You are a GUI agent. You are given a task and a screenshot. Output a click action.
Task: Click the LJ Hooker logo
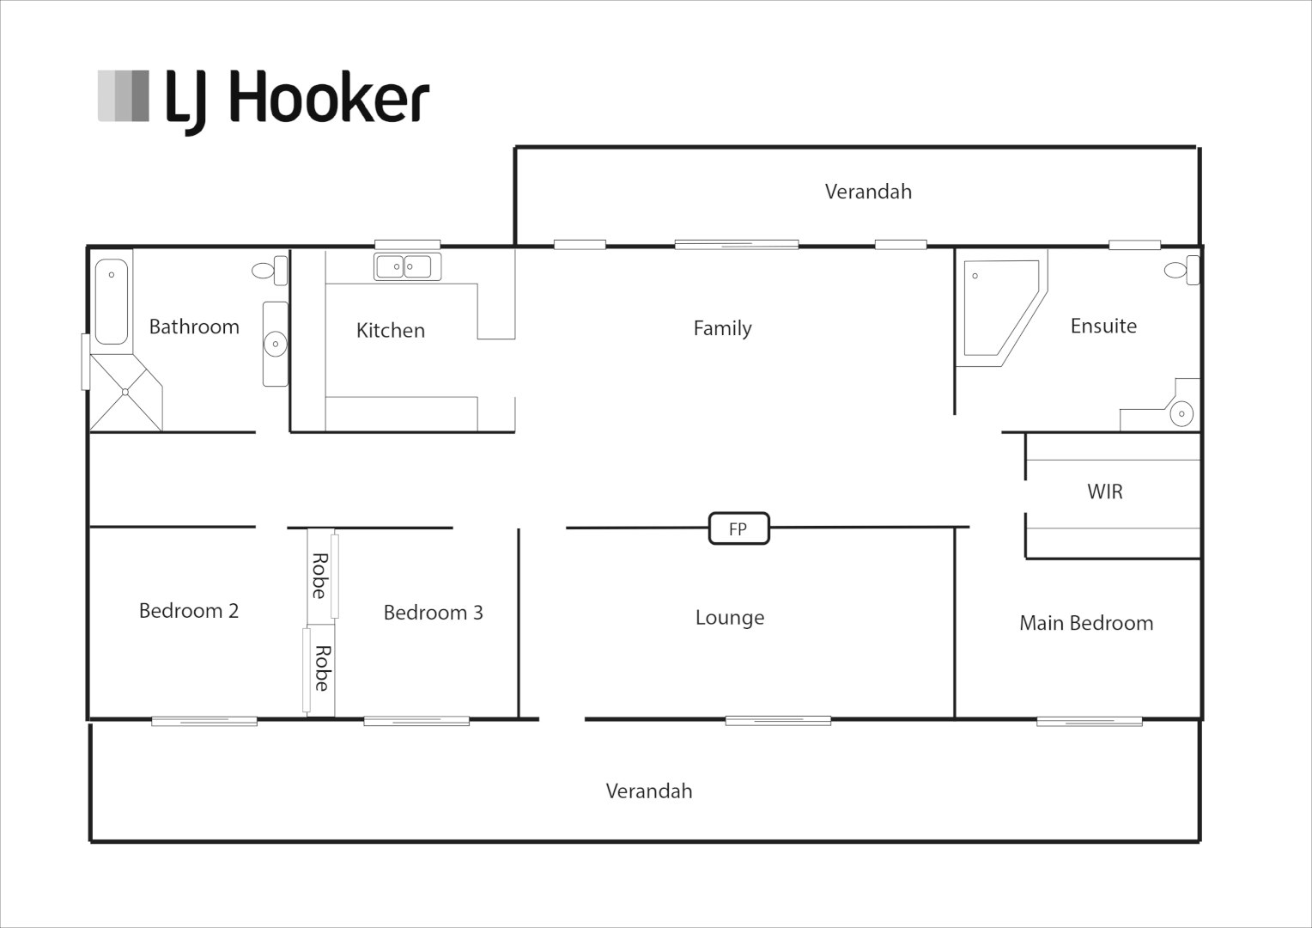pyautogui.click(x=263, y=100)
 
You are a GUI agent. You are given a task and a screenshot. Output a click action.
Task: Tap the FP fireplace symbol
pyautogui.click(x=738, y=528)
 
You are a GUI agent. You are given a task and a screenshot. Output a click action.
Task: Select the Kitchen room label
pyautogui.click(x=390, y=330)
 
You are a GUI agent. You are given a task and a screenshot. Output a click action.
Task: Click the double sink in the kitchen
pyautogui.click(x=407, y=266)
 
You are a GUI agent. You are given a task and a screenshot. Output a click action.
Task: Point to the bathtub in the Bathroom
pyautogui.click(x=112, y=301)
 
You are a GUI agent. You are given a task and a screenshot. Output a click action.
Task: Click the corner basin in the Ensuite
pyautogui.click(x=1181, y=413)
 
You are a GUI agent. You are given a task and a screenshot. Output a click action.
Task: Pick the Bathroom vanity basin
pyautogui.click(x=275, y=344)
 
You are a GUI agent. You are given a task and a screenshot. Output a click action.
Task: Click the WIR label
pyautogui.click(x=1104, y=491)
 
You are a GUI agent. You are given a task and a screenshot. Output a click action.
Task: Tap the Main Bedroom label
pyautogui.click(x=1085, y=623)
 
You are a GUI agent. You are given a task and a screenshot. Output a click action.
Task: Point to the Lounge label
pyautogui.click(x=729, y=617)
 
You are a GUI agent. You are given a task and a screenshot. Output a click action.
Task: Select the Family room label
pyautogui.click(x=722, y=327)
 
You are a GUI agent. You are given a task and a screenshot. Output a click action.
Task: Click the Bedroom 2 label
pyautogui.click(x=188, y=611)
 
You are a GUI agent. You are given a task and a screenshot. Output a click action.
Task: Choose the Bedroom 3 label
pyautogui.click(x=433, y=613)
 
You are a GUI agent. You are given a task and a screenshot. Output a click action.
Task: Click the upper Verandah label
pyautogui.click(x=868, y=192)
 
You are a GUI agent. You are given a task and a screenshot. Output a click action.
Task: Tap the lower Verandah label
pyautogui.click(x=648, y=791)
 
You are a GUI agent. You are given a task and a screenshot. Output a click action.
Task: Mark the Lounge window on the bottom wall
pyautogui.click(x=778, y=720)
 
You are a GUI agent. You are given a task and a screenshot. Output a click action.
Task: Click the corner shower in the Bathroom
pyautogui.click(x=125, y=393)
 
